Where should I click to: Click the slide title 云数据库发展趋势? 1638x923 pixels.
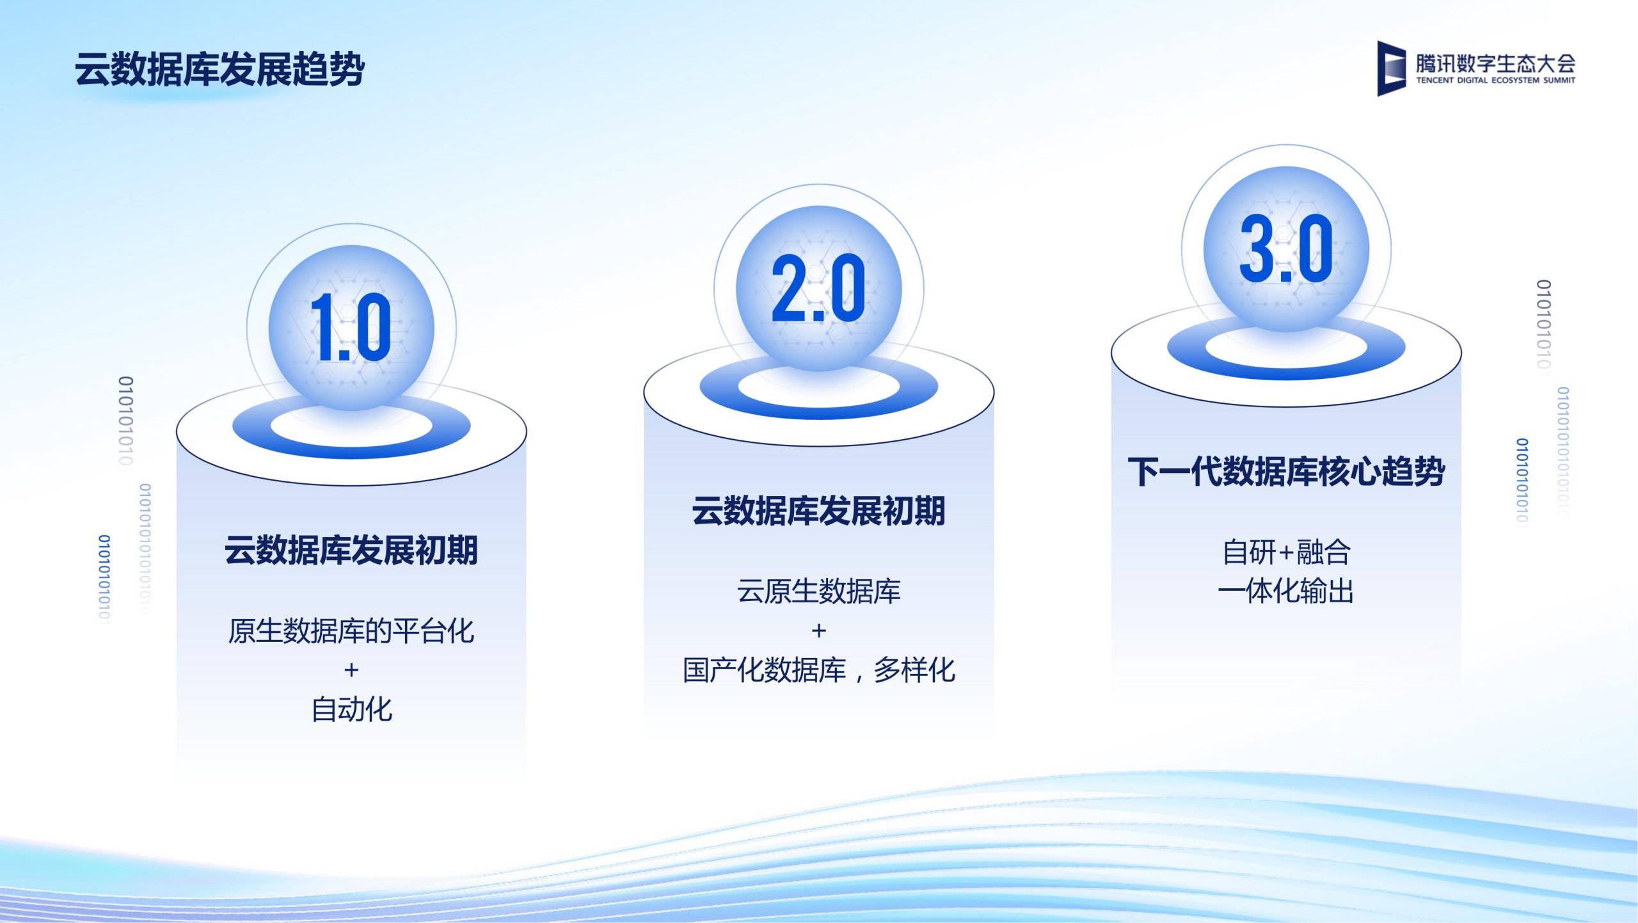219,69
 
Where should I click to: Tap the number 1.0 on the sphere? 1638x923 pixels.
351,328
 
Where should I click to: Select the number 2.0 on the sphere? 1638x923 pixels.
818,288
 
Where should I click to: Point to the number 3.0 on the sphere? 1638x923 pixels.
1286,248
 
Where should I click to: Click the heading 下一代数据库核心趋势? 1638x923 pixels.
1286,472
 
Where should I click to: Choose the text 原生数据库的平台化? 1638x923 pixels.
351,630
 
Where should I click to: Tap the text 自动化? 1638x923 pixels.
351,709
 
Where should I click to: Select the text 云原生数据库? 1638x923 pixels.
818,591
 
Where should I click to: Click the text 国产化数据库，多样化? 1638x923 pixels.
818,670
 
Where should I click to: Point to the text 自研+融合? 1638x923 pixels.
1286,552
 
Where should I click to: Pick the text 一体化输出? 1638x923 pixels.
1286,591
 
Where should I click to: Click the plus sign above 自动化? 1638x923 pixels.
351,670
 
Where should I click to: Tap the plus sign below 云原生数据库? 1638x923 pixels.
819,630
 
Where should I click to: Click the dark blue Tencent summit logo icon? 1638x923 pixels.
1391,68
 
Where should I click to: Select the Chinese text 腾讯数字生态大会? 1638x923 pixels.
1495,63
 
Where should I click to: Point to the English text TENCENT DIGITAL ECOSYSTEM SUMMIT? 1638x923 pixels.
1495,81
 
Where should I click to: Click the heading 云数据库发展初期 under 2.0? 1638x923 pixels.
818,511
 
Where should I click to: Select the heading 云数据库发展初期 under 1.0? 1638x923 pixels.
351,550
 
